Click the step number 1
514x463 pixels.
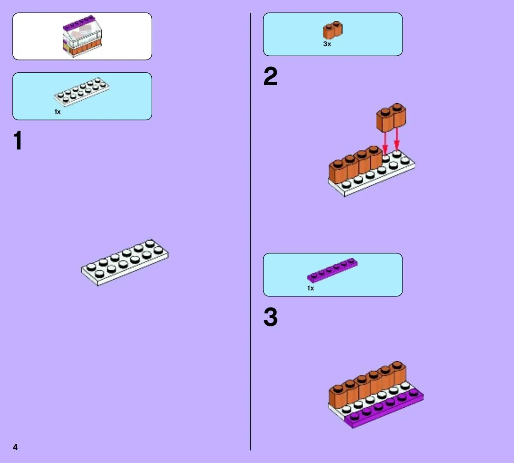18,140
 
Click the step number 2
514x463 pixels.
271,76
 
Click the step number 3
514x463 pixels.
271,317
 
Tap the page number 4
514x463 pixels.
15,447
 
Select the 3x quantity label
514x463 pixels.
327,44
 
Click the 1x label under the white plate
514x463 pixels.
57,112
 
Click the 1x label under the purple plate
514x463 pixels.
310,288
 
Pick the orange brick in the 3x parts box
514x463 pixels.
333,30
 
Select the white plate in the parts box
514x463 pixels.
82,92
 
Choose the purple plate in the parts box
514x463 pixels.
332,270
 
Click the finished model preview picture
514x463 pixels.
82,36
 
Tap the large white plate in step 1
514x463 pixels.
125,263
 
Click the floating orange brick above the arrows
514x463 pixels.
391,118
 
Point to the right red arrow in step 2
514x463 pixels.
397,139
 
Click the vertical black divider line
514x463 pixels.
251,231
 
